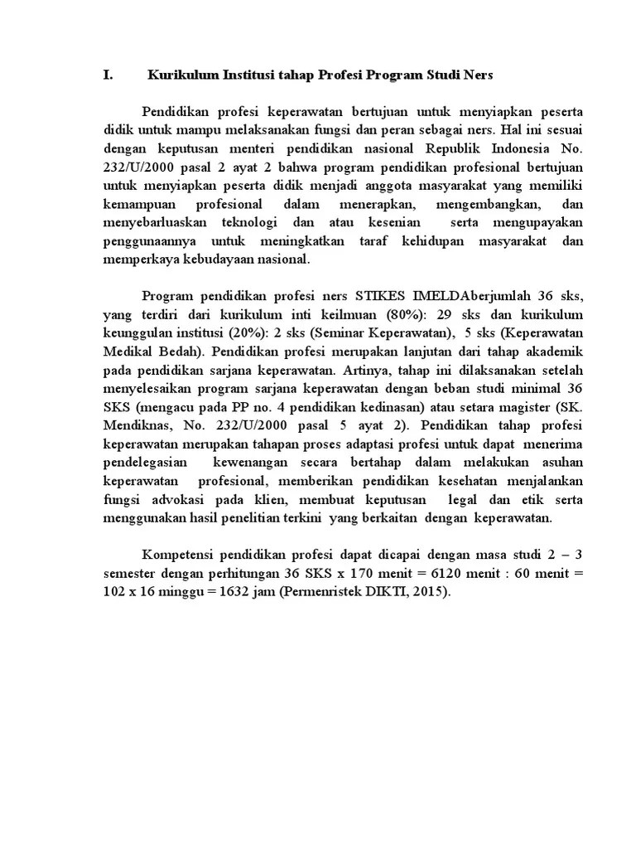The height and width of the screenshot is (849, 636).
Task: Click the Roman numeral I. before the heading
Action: pos(107,75)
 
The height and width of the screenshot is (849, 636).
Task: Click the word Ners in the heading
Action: pos(477,75)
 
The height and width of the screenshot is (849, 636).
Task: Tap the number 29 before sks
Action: pos(445,314)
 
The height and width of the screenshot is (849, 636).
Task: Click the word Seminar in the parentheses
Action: pos(320,333)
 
